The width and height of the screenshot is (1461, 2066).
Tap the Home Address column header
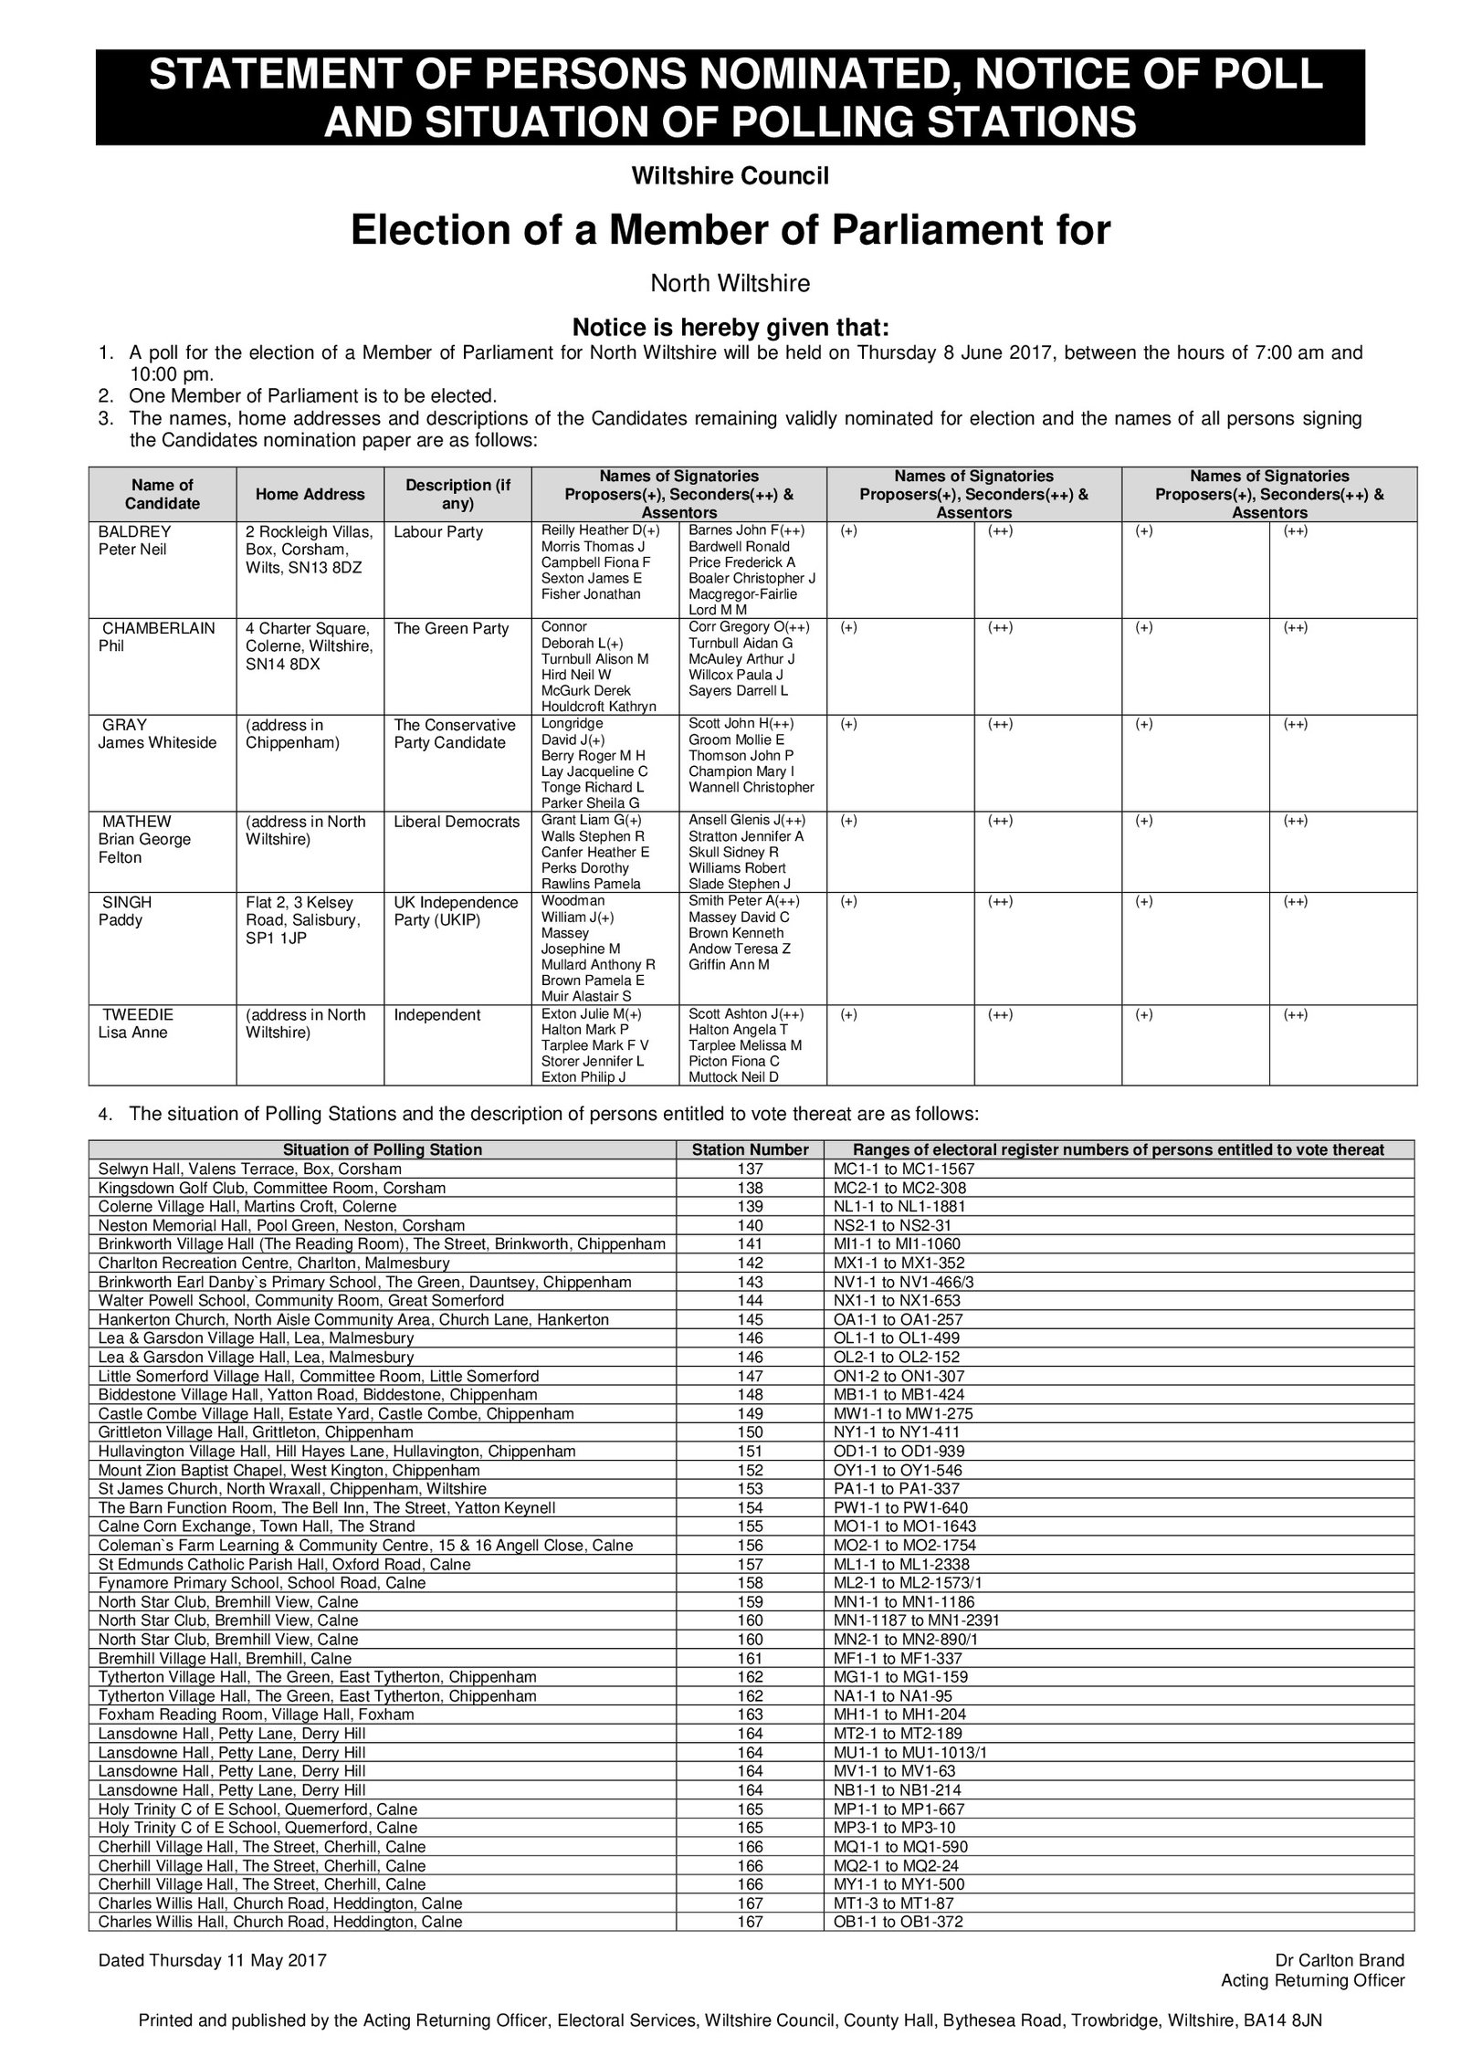(310, 494)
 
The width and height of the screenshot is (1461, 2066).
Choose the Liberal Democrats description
(456, 822)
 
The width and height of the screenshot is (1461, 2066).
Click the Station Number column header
(750, 1149)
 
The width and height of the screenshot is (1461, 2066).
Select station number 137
(750, 1169)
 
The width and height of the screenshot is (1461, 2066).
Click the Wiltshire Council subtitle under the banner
(730, 176)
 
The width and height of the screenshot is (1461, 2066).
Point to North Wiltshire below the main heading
(730, 284)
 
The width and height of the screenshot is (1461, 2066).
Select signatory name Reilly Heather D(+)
(600, 530)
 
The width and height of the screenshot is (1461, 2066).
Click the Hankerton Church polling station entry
(353, 1319)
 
